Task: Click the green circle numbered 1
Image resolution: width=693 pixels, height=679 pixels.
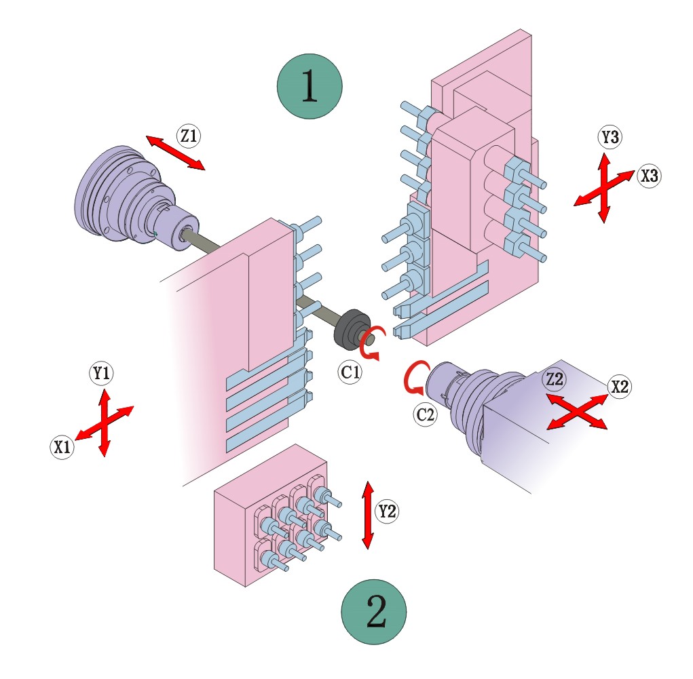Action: click(x=309, y=87)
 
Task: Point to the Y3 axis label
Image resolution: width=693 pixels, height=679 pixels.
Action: click(x=610, y=138)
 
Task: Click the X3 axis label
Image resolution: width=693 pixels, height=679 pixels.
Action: click(x=648, y=176)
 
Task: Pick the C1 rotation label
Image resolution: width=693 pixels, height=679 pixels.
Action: click(x=351, y=371)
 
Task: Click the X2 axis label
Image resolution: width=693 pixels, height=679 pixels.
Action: click(x=619, y=386)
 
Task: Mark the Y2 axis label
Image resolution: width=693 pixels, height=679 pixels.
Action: click(x=388, y=511)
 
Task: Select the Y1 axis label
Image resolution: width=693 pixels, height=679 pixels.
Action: click(x=102, y=373)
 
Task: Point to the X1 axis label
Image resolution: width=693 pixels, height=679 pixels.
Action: click(x=62, y=448)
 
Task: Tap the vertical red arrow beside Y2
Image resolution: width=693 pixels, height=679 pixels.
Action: click(x=368, y=516)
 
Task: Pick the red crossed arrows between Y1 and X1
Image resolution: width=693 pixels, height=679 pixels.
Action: click(x=103, y=422)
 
